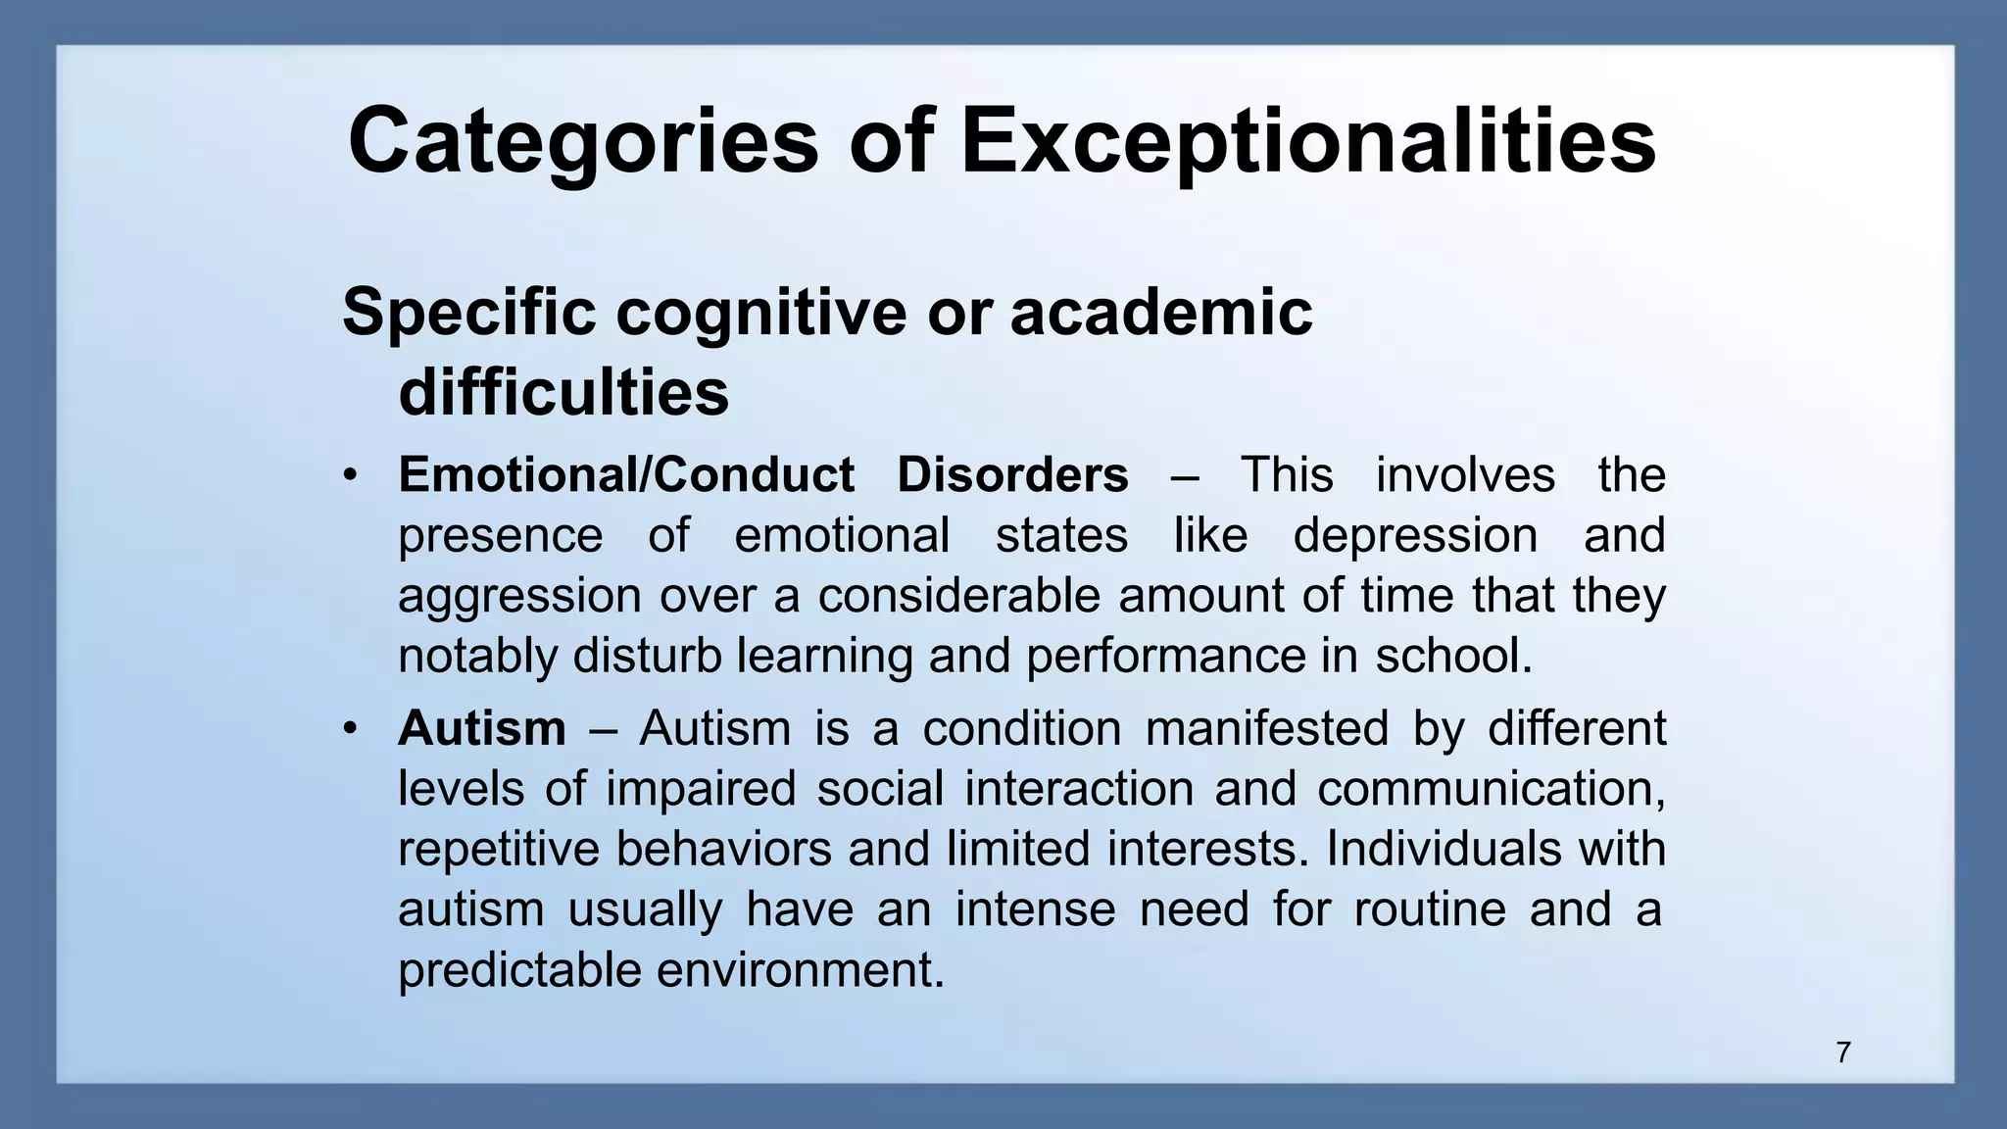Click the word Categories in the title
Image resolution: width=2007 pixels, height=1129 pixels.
pyautogui.click(x=582, y=142)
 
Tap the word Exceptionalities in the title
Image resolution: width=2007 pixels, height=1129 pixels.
pyautogui.click(x=1308, y=142)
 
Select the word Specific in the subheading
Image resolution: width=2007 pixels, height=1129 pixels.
pyautogui.click(x=469, y=313)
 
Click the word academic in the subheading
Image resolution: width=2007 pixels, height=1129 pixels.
pyautogui.click(x=1160, y=313)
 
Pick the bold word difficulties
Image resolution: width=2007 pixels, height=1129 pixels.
pyautogui.click(x=563, y=393)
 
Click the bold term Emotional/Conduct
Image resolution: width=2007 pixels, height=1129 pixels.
pyautogui.click(x=626, y=475)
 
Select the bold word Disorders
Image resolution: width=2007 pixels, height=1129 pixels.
pyautogui.click(x=1012, y=475)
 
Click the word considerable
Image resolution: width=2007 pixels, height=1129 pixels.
pyautogui.click(x=959, y=596)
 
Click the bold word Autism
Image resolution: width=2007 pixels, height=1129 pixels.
pyautogui.click(x=482, y=728)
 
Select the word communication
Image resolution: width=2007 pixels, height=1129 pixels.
pyautogui.click(x=1490, y=789)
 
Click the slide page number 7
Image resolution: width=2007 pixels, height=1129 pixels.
pyautogui.click(x=1843, y=1053)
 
